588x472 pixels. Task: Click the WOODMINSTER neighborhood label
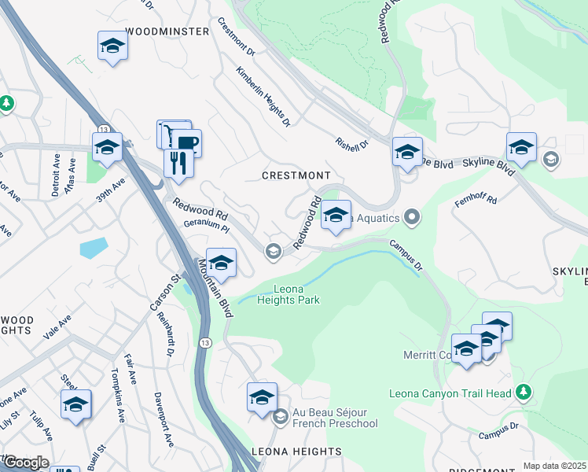[167, 31]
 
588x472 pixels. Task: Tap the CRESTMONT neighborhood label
[297, 175]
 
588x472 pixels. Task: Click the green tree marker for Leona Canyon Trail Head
[524, 393]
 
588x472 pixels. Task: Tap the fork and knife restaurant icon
[178, 162]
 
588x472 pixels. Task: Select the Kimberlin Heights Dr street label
[263, 97]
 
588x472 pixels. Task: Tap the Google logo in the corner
[25, 463]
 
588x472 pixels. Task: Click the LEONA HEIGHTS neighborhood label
[296, 452]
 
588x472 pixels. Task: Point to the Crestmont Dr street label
[236, 36]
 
